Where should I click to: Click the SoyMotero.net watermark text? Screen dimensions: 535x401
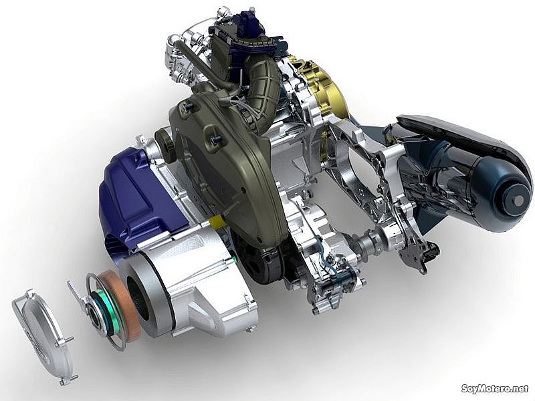[495, 388]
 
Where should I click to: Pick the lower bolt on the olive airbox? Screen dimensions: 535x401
[215, 139]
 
